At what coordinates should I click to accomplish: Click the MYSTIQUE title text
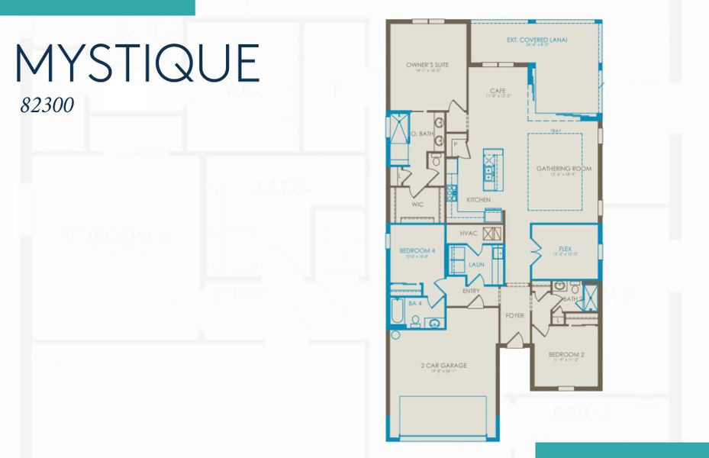pos(137,63)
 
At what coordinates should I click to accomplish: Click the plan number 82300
pos(47,106)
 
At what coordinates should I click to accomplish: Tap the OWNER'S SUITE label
pos(427,66)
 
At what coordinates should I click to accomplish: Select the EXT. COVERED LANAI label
pos(537,40)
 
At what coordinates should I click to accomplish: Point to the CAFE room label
pos(497,92)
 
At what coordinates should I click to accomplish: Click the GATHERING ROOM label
pos(563,169)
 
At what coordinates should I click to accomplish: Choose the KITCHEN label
pos(479,200)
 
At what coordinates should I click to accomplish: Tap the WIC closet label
pos(417,205)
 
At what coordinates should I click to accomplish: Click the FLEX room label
pos(565,249)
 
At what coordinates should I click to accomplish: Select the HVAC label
pos(468,234)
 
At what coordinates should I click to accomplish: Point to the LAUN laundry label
pos(476,265)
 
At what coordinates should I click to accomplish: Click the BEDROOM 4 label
pos(417,250)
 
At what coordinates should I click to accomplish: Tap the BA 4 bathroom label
pos(415,303)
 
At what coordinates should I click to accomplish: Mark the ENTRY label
pos(471,291)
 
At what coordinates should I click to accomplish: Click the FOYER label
pos(514,314)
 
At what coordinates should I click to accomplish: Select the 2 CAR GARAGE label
pos(443,366)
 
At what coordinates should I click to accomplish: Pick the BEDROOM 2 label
pos(566,354)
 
